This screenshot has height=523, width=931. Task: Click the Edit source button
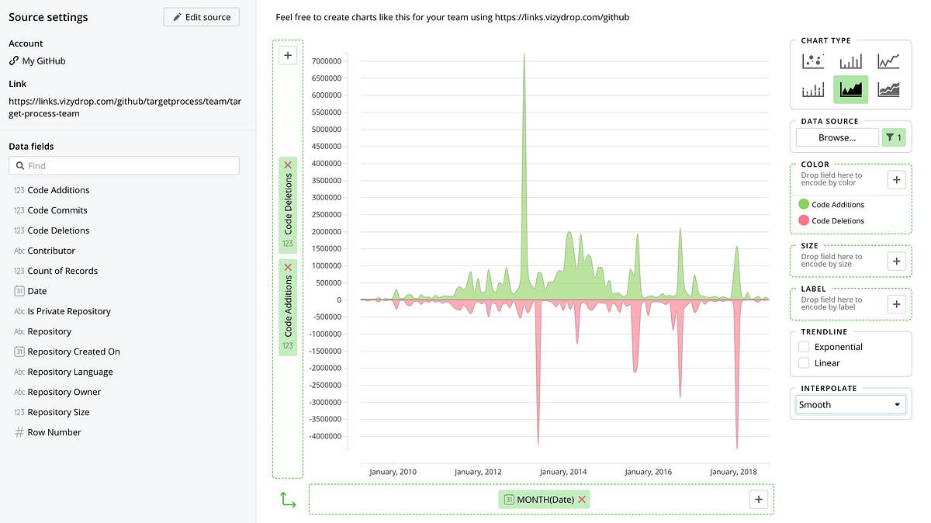(202, 17)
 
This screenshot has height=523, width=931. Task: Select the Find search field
(124, 165)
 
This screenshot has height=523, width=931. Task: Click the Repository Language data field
(70, 372)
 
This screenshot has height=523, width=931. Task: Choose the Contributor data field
(51, 251)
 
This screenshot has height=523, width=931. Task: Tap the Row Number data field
(54, 432)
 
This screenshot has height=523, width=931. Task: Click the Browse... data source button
(837, 138)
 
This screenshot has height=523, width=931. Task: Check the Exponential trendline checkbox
(804, 347)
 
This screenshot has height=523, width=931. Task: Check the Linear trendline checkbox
(804, 363)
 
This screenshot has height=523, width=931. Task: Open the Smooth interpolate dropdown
(851, 404)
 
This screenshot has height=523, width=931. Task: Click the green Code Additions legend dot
(804, 205)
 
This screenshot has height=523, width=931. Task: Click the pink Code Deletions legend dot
(804, 221)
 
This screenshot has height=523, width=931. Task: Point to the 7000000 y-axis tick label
(326, 61)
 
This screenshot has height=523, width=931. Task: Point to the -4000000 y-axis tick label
(324, 436)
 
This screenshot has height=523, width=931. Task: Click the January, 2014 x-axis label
(563, 472)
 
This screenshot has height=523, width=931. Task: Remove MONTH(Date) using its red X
(582, 499)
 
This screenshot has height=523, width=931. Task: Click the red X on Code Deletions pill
(288, 165)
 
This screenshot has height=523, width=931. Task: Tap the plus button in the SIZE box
(897, 261)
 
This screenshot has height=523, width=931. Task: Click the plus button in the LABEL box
(897, 304)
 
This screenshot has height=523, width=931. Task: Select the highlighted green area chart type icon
(851, 89)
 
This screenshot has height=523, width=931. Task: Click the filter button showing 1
(894, 138)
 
